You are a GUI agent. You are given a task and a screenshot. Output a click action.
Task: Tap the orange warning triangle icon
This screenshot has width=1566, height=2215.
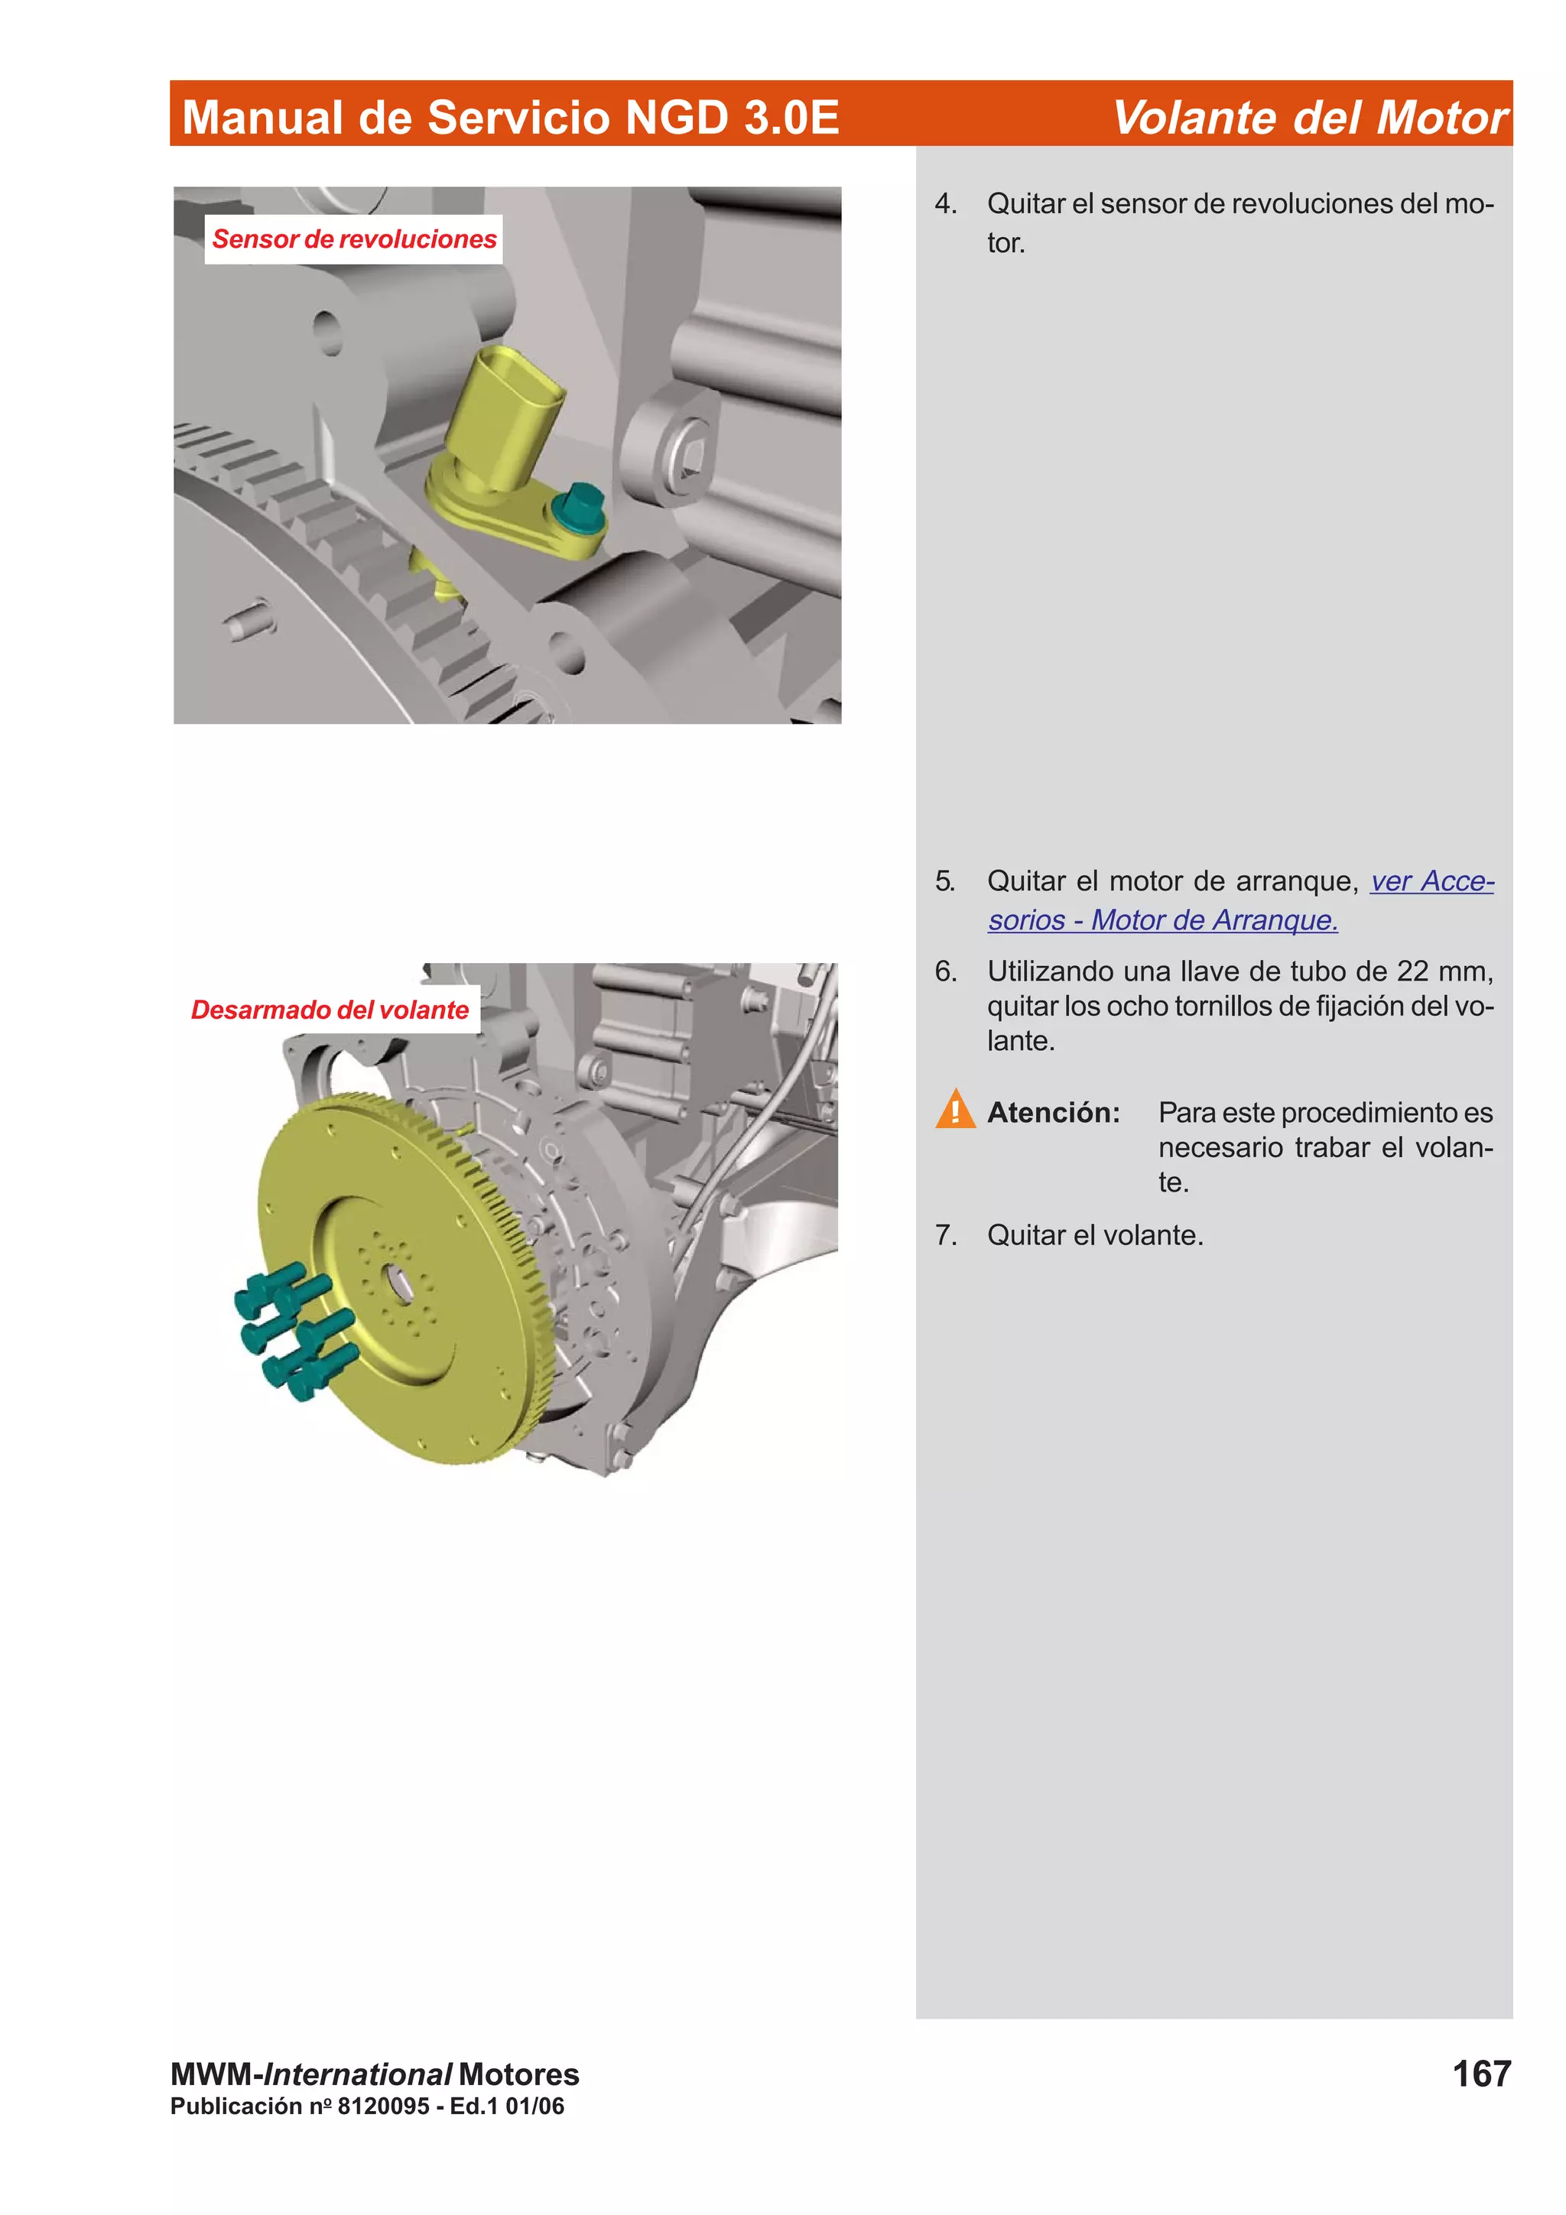point(954,1110)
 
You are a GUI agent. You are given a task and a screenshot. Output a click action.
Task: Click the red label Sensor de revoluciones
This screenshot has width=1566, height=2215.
point(353,238)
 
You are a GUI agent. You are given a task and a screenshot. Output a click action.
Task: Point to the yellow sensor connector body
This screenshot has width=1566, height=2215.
point(506,415)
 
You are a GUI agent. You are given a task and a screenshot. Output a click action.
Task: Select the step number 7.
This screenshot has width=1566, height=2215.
point(946,1235)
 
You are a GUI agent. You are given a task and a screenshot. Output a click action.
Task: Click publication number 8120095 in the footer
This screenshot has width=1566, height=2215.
point(383,2106)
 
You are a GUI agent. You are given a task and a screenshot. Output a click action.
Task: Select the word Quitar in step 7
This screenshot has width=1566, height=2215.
point(1025,1235)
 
